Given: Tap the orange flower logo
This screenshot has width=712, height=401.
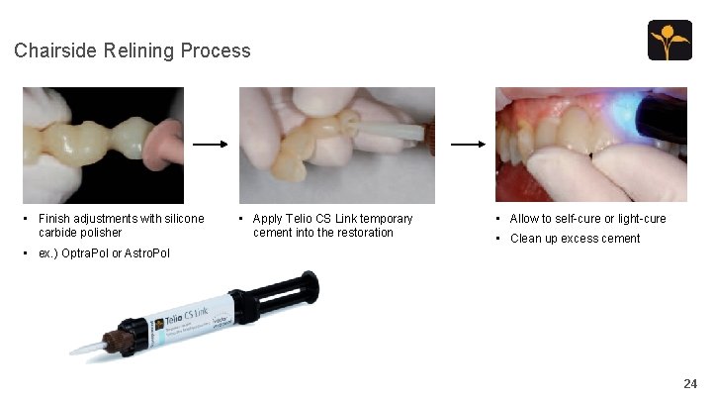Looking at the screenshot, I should tap(669, 41).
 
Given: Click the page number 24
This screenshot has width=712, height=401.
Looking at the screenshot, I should tap(689, 383).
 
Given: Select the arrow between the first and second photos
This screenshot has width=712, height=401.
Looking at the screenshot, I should tap(211, 145).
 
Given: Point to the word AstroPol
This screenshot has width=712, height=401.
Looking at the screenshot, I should tap(146, 253).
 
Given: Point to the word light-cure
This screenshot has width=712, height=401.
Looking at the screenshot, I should tap(640, 218).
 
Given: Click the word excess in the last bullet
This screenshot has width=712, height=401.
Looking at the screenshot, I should tap(575, 238).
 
